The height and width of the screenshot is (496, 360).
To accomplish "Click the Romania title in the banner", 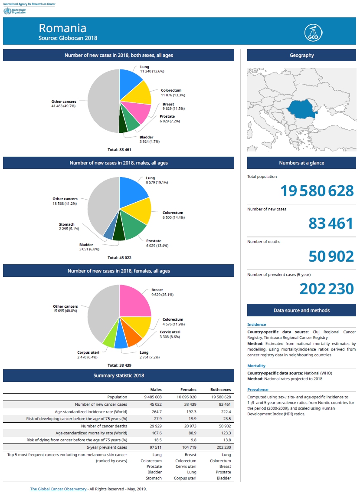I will pos(62,28).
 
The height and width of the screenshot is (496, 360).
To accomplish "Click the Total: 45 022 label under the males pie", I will pos(119,257).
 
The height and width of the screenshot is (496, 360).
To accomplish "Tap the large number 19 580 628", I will pos(317,191).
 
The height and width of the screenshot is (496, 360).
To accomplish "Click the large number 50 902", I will pos(331,256).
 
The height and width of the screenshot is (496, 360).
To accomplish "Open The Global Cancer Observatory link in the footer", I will pos(59,489).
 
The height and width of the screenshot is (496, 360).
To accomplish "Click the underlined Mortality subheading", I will pos(256,366).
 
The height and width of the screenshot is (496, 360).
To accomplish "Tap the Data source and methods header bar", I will pos(301,310).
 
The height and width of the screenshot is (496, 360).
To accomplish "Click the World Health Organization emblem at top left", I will pos(7,11).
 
